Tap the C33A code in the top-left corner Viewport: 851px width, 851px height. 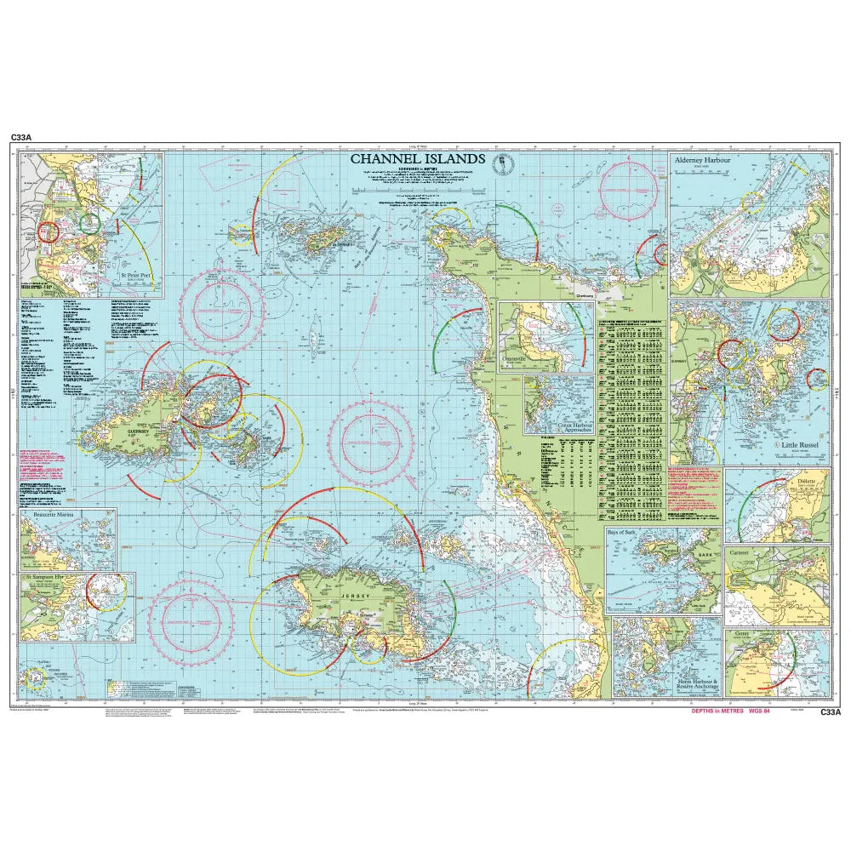click(21, 136)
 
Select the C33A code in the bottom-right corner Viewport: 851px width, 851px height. click(830, 713)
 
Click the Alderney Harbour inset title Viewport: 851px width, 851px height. click(703, 160)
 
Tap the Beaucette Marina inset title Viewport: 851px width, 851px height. click(51, 516)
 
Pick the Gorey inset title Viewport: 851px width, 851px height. click(739, 635)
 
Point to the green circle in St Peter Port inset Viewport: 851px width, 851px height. click(89, 223)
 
